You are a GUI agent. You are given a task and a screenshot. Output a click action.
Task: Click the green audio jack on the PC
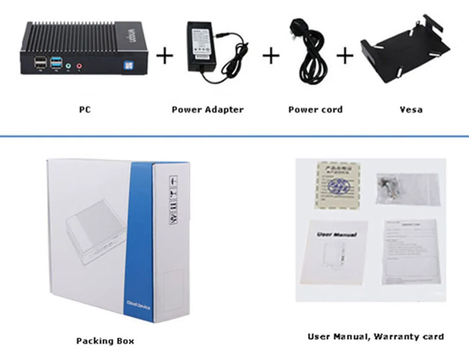coord(68,66)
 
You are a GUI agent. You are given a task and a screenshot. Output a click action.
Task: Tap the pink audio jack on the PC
coord(79,66)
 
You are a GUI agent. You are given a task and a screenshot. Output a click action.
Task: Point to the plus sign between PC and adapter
coord(165,56)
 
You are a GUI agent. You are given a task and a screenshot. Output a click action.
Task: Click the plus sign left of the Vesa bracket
coord(345,56)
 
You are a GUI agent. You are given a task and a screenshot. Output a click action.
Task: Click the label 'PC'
coord(85,110)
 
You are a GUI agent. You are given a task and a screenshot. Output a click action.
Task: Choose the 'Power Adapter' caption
coord(207,110)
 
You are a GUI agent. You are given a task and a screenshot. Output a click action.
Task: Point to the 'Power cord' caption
coord(315,110)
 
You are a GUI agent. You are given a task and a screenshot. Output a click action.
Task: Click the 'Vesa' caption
coord(411,110)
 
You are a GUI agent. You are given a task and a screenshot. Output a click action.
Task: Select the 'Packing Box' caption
coord(105,341)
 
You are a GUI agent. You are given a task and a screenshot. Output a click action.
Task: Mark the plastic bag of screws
coord(407,188)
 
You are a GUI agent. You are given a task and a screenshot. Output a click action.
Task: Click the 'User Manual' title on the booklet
coord(337,234)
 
